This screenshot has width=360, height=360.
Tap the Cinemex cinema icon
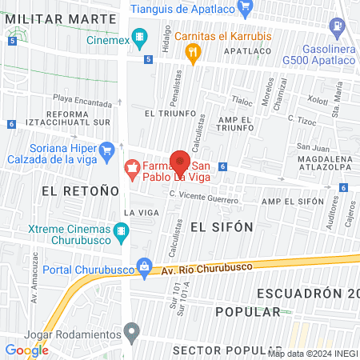[x=141, y=36]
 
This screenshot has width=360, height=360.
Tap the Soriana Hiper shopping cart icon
[x=106, y=150]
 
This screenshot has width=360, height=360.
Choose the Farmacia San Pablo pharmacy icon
[x=130, y=169]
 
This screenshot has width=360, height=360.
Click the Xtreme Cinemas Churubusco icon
[x=121, y=233]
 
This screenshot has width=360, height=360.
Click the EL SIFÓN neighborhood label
[x=222, y=227]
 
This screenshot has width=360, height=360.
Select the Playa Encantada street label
[x=83, y=102]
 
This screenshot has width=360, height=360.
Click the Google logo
[x=26, y=350]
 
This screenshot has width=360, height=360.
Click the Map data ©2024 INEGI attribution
[x=312, y=354]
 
